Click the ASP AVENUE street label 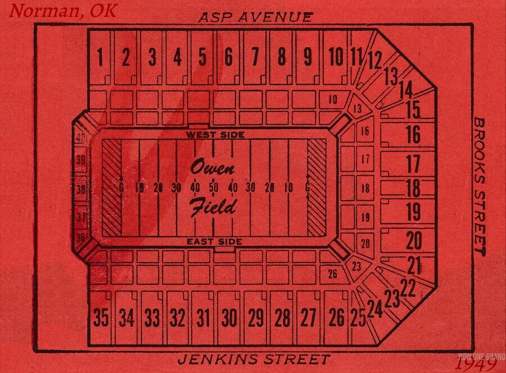pos(255,17)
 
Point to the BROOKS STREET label pos(479,185)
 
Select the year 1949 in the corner pos(475,364)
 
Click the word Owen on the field pos(213,167)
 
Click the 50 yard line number pos(214,187)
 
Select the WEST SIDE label pos(215,135)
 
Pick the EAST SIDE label pos(215,242)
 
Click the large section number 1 pos(101,57)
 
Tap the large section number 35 pos(101,318)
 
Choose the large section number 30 pos(229,318)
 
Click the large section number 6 pos(228,57)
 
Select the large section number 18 pos(413,187)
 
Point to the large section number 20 pos(414,240)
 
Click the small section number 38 pos(81,190)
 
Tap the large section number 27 pos(308,318)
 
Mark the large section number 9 pos(308,57)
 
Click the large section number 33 pos(152,318)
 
